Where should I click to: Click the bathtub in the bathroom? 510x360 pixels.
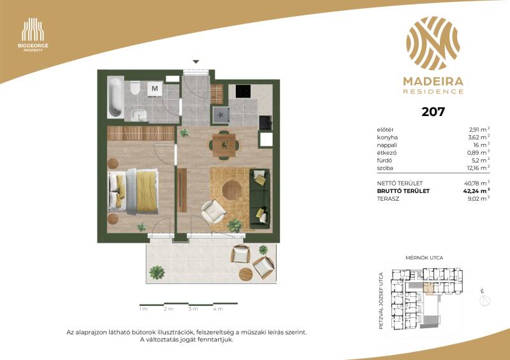point(115,97)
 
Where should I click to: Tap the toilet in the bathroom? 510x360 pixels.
point(135,88)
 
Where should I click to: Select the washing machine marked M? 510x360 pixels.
point(155,89)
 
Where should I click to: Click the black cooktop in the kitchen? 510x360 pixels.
point(243,91)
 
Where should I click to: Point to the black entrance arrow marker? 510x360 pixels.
point(196,61)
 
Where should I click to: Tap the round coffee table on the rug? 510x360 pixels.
point(232,190)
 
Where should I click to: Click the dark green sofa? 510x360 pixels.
point(259,198)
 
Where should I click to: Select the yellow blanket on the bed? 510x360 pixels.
point(147,191)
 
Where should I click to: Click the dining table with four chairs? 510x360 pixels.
point(224,145)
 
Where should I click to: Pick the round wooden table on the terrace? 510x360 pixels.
point(245,274)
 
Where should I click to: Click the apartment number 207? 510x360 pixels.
point(433,112)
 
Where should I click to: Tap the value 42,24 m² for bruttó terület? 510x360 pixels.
point(476,191)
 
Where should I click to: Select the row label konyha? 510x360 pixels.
point(387,138)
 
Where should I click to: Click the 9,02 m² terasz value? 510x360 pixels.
point(479,199)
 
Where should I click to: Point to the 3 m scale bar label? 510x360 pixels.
point(193,309)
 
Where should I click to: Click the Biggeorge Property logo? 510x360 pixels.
point(33,35)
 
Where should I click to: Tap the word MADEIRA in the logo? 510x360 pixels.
point(433,82)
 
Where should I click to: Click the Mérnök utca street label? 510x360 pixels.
point(424,258)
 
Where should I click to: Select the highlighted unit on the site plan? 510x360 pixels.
point(429,289)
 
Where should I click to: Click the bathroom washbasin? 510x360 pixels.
point(139,115)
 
